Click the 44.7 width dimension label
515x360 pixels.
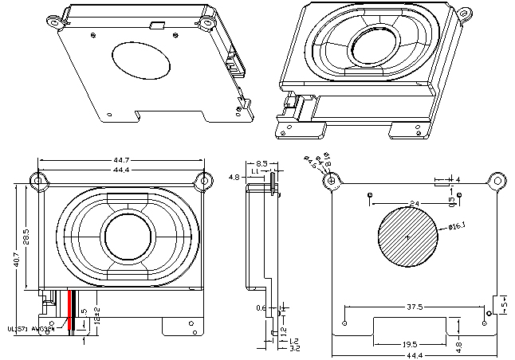coord(122,161)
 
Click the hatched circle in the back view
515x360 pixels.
coord(407,236)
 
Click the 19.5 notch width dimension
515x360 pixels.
coord(410,344)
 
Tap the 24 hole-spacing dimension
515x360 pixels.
coord(415,205)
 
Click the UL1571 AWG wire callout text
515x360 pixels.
coord(30,327)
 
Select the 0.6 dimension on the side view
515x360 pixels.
coord(261,307)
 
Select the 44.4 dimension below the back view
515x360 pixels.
coord(412,355)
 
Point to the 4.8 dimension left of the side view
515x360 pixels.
coord(234,177)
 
